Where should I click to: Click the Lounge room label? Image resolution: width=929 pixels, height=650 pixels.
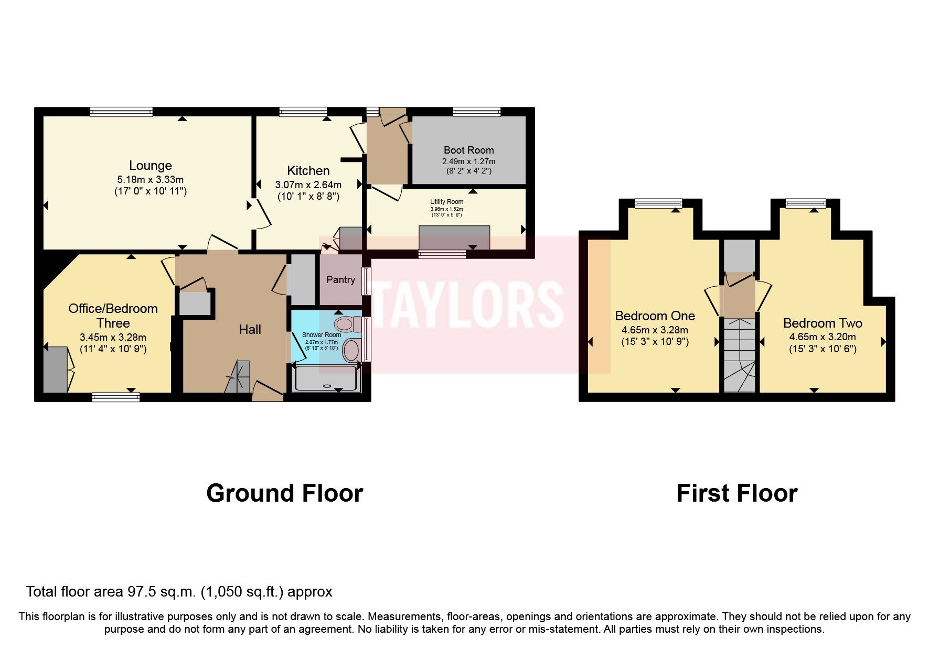(151, 166)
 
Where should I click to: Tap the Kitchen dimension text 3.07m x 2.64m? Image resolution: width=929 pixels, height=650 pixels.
(308, 185)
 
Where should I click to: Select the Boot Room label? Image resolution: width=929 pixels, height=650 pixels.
(468, 150)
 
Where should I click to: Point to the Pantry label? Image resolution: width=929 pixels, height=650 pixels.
(340, 279)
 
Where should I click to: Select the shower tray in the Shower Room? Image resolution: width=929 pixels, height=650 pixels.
(327, 378)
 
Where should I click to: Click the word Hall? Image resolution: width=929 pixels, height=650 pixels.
(250, 330)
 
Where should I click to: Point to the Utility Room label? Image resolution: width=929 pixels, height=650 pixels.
(446, 202)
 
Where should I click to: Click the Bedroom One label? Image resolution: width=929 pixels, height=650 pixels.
(655, 316)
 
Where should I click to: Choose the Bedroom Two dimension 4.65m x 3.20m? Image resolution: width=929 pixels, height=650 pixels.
(823, 337)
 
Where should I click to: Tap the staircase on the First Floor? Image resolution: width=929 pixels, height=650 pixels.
(739, 355)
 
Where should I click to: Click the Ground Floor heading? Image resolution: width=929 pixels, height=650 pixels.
(284, 493)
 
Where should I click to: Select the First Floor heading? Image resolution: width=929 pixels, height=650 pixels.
(736, 493)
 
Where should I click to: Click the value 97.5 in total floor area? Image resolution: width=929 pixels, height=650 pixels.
(140, 592)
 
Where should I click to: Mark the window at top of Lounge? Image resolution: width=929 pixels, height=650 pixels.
(121, 112)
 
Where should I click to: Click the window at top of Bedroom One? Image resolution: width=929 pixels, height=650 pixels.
(658, 203)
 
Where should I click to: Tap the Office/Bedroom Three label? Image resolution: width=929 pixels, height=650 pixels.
(113, 316)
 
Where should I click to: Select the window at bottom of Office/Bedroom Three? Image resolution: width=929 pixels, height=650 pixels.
(116, 397)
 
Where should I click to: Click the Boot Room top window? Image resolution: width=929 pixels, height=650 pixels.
(476, 112)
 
